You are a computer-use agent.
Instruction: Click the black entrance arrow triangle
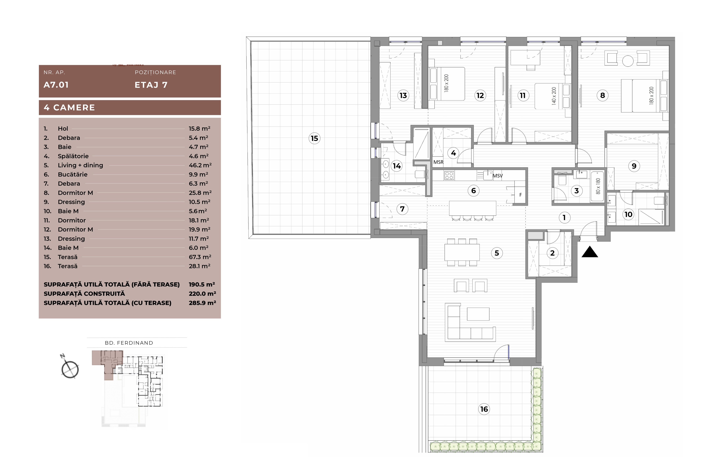point(590,252)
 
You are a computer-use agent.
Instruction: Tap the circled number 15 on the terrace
point(314,138)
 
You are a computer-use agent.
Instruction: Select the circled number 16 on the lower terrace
point(484,409)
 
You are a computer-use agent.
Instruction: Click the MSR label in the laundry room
point(438,162)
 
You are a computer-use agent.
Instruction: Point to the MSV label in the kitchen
point(498,176)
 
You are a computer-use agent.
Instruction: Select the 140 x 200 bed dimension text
point(554,96)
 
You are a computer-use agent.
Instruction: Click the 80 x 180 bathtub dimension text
point(598,186)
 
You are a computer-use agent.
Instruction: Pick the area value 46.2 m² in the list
point(200,165)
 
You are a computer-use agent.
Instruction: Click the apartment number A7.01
point(56,85)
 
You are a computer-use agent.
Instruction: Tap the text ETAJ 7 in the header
point(151,85)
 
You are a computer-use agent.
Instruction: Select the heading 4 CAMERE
point(69,108)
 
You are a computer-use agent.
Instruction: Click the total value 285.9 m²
point(202,303)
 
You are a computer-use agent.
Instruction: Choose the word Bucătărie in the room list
point(73,174)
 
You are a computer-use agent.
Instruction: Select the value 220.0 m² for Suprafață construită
point(202,294)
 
